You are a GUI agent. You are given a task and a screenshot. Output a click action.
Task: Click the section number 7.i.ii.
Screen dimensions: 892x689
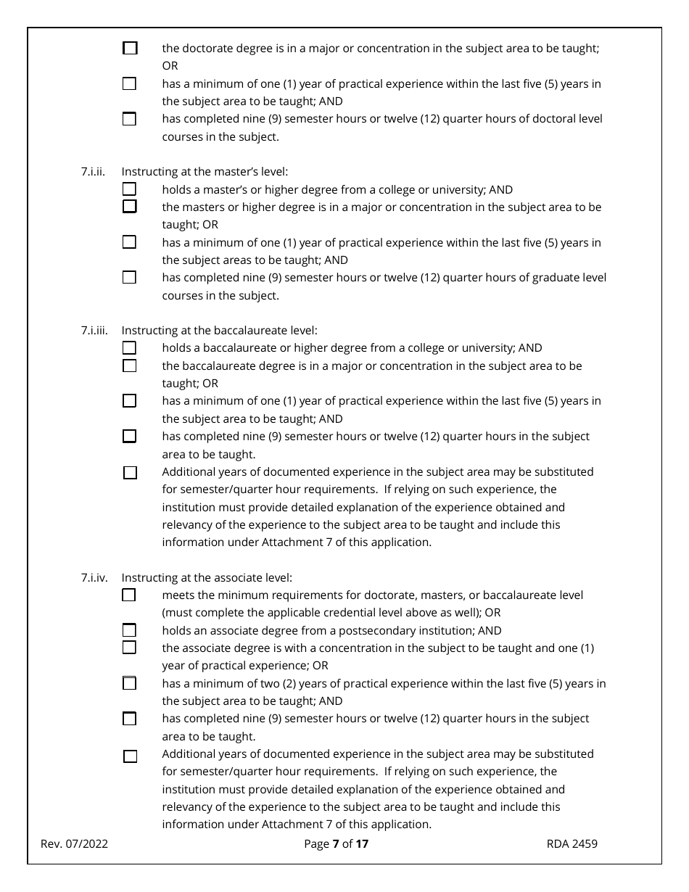(93, 172)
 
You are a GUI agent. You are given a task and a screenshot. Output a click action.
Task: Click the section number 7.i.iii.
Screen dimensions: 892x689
(94, 330)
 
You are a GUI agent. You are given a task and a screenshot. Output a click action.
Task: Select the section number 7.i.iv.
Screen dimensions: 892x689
(94, 578)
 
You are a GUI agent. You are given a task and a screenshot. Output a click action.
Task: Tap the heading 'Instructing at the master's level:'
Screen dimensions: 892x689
(205, 172)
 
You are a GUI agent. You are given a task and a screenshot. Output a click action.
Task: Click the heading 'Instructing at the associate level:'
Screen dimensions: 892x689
(207, 578)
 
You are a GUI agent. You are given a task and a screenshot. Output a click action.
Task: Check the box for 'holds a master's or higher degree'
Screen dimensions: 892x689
(129, 189)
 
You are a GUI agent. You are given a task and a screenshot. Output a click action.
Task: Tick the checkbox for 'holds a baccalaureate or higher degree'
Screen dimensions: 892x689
(129, 348)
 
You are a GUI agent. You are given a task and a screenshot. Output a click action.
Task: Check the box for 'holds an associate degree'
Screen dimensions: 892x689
(129, 630)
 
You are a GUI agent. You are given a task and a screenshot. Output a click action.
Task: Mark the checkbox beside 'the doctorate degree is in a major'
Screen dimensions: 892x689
(130, 49)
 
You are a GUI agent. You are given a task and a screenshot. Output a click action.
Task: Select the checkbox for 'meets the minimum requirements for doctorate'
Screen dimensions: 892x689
(129, 595)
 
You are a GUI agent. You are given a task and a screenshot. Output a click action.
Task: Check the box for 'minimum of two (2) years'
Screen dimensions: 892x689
(129, 683)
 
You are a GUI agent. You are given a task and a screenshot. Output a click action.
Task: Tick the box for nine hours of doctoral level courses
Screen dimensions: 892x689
(129, 119)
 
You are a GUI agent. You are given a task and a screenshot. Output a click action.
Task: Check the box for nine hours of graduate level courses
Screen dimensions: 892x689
(129, 277)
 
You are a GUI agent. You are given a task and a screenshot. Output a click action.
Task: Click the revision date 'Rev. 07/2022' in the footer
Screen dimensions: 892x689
(74, 843)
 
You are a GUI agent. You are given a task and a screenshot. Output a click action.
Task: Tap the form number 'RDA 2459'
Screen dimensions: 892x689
(572, 843)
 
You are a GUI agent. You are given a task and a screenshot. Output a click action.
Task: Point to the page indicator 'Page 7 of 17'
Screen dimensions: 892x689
(337, 843)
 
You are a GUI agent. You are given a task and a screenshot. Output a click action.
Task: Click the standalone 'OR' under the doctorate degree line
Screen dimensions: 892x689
(170, 66)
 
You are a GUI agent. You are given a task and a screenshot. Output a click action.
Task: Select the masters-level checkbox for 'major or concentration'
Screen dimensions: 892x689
(129, 207)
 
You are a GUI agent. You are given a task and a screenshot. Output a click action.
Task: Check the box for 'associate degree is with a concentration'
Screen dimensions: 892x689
(129, 648)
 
